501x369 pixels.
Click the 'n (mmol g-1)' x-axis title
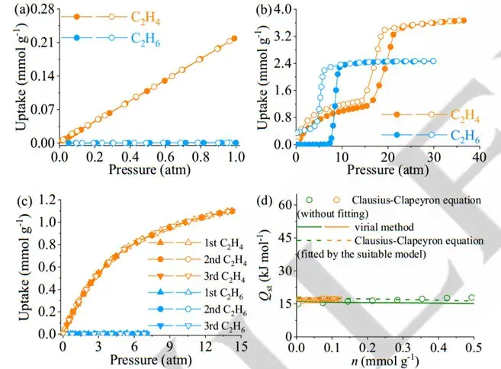(385, 360)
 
